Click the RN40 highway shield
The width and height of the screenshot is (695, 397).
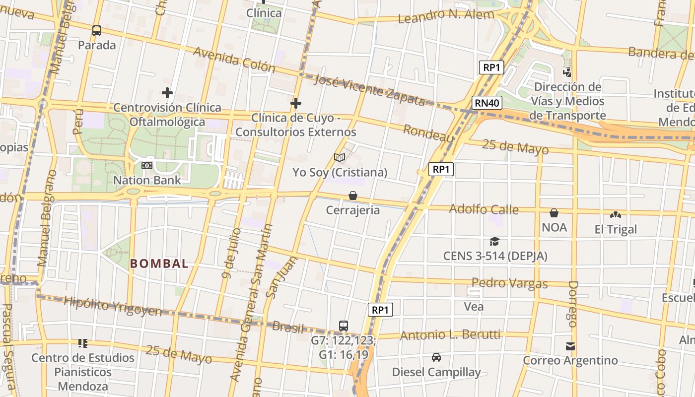pyautogui.click(x=487, y=103)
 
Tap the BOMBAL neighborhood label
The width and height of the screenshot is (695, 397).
pyautogui.click(x=159, y=264)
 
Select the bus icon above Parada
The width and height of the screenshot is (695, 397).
pyautogui.click(x=97, y=31)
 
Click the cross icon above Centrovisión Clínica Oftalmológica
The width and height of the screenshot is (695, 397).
pyautogui.click(x=167, y=93)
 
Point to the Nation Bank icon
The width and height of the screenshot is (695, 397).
pyautogui.click(x=147, y=166)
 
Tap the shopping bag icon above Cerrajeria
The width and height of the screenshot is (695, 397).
pyautogui.click(x=353, y=196)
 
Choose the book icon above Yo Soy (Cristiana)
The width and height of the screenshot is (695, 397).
pyautogui.click(x=340, y=158)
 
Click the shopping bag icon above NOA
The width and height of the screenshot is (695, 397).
pyautogui.click(x=554, y=213)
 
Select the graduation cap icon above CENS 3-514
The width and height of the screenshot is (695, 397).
pyautogui.click(x=494, y=242)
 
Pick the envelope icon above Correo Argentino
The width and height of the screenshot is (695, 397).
pyautogui.click(x=570, y=346)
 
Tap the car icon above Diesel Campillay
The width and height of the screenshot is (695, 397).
pyautogui.click(x=436, y=357)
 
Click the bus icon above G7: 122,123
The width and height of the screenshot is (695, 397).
pyautogui.click(x=343, y=326)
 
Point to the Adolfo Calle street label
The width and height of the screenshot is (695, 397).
pyautogui.click(x=484, y=209)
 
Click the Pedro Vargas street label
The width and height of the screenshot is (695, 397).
pyautogui.click(x=509, y=283)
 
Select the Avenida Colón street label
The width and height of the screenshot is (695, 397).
pyautogui.click(x=234, y=60)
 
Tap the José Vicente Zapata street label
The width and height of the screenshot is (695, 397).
pyautogui.click(x=370, y=90)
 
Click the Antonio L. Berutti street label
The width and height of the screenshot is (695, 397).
pyautogui.click(x=450, y=335)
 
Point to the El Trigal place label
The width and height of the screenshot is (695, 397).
pyautogui.click(x=616, y=229)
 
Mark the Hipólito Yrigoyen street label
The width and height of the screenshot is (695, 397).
pyautogui.click(x=113, y=306)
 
